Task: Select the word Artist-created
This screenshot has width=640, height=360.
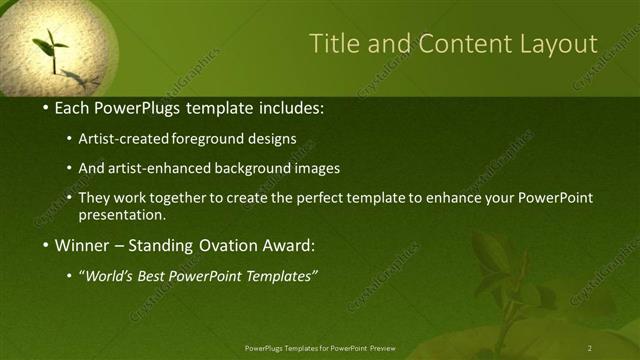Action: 132,138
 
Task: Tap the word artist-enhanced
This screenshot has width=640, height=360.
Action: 163,168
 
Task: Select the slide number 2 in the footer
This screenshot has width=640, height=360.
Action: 590,348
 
